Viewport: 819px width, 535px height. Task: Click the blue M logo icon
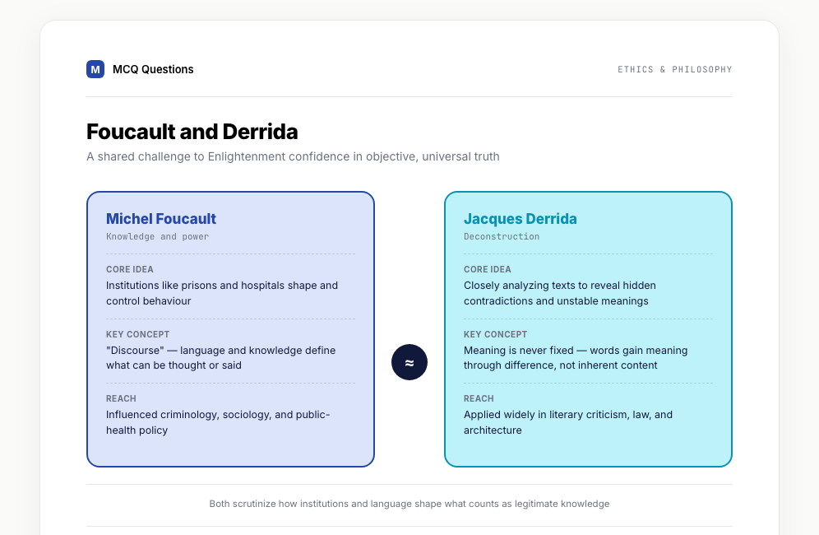click(95, 69)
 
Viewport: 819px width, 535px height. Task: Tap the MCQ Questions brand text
click(153, 70)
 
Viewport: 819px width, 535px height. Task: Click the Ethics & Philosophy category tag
click(675, 70)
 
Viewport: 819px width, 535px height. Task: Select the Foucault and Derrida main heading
click(192, 132)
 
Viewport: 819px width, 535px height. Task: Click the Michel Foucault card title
click(161, 219)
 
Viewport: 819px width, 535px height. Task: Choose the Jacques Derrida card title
click(521, 219)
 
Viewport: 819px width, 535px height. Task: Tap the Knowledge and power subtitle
click(157, 236)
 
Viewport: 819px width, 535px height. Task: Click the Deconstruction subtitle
click(502, 236)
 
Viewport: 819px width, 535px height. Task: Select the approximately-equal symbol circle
click(409, 362)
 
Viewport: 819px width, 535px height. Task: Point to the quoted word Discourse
click(135, 350)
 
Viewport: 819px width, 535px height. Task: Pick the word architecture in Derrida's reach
click(493, 430)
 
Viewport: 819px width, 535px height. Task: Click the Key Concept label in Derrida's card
click(495, 334)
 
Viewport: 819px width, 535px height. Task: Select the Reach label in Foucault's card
click(121, 398)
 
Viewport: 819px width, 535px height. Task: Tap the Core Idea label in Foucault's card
click(130, 269)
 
